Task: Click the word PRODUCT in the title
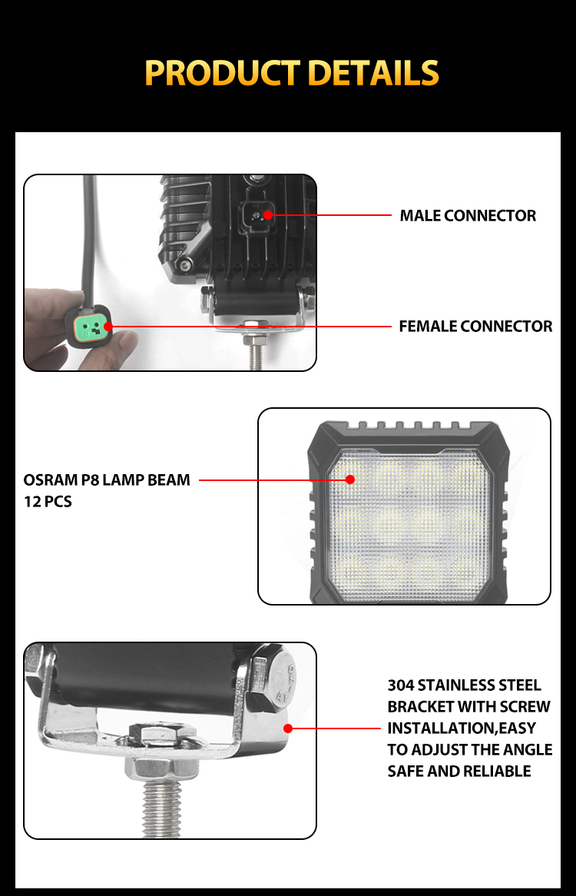[223, 72]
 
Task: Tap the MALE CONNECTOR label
[468, 215]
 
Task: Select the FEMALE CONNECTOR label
[475, 327]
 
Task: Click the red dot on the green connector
[108, 327]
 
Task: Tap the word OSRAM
[50, 480]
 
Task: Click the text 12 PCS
[48, 502]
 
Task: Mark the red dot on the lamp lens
[350, 480]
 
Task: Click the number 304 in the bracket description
[401, 685]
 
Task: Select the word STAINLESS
[455, 685]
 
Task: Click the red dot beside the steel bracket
[288, 728]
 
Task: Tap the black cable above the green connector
[88, 240]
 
